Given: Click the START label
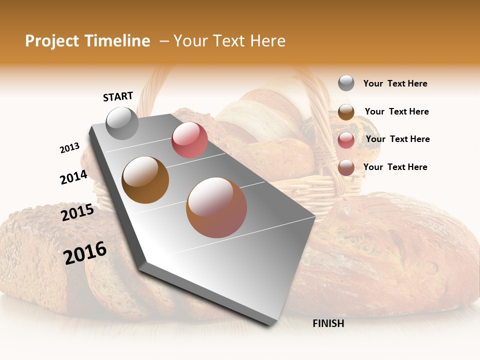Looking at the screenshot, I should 118,96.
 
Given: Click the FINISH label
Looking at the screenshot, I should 328,323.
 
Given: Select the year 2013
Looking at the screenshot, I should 70,148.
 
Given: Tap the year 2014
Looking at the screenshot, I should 73,177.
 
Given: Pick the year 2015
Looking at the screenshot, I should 77,212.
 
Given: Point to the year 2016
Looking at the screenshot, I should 85,253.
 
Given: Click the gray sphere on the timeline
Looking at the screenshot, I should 122,123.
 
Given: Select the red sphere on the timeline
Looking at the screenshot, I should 189,140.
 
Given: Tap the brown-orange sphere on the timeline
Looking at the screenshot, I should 145,179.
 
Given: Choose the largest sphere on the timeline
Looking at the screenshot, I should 216,207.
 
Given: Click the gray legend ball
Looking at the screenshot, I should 346,83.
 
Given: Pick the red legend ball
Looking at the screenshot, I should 346,140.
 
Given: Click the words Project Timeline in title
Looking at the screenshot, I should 87,41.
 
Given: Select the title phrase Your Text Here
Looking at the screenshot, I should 229,41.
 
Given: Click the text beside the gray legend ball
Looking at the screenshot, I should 395,83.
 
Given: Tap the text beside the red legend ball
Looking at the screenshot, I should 397,139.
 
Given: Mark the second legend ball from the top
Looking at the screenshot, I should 346,112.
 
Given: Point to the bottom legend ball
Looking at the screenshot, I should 346,168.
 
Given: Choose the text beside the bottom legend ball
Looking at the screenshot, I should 395,167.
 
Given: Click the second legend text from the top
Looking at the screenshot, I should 396,111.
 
